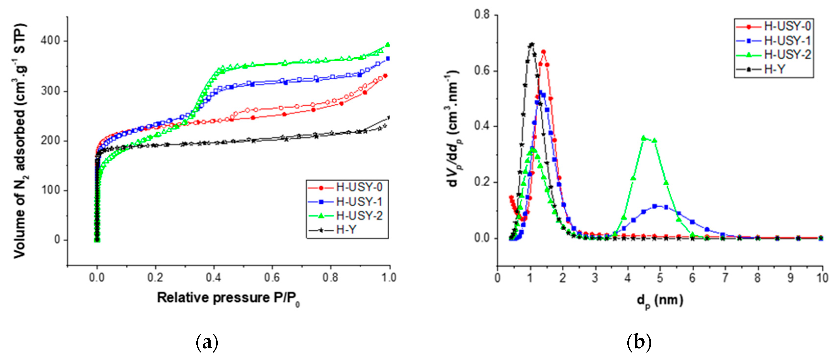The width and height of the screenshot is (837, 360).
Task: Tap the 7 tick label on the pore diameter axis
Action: tap(725, 278)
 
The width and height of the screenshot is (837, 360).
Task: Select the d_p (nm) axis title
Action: tap(659, 300)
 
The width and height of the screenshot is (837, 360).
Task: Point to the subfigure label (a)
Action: tap(207, 342)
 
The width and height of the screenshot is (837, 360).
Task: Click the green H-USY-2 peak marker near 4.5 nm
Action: tap(644, 138)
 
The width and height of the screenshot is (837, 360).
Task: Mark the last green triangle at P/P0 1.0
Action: tap(387, 45)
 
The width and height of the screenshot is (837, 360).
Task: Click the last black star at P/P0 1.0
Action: tap(389, 118)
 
